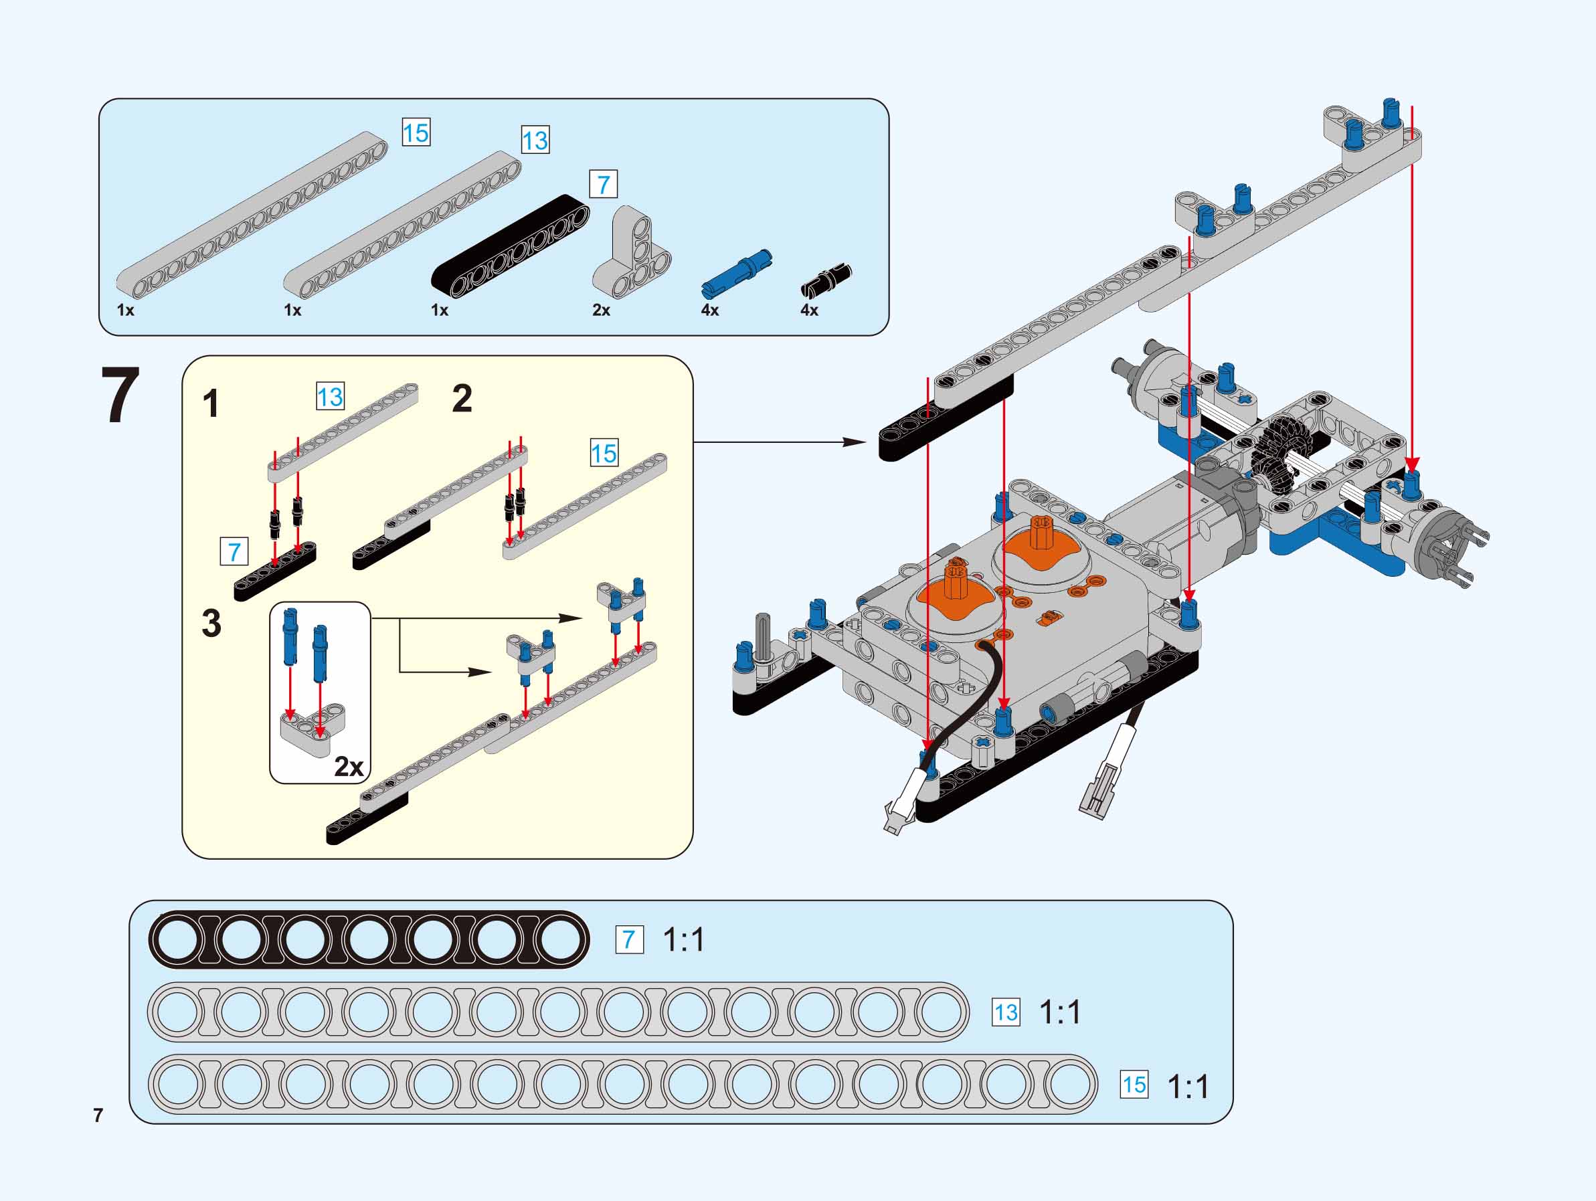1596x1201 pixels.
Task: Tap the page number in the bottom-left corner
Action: (98, 1115)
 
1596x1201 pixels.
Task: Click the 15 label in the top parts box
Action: (416, 133)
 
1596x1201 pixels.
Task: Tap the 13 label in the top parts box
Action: (535, 140)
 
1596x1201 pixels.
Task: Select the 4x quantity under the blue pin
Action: (710, 310)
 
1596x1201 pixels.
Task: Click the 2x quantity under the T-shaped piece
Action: (601, 310)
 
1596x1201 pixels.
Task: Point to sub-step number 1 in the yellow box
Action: (211, 404)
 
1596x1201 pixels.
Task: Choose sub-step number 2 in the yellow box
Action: (462, 398)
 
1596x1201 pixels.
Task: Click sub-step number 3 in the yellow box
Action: (211, 623)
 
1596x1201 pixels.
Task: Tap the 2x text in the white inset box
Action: (349, 767)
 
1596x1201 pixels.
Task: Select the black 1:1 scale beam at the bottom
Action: (369, 940)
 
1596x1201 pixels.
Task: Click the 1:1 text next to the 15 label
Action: (1188, 1086)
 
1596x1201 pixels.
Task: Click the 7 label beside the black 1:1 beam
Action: (629, 940)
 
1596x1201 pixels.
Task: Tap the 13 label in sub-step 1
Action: (331, 397)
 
